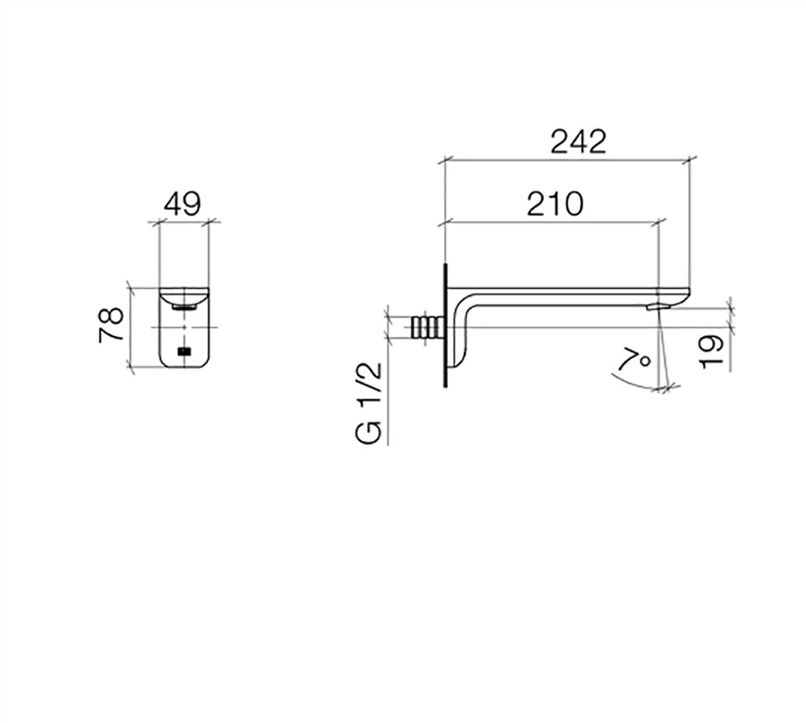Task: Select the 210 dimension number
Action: point(555,204)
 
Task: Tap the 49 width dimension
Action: point(182,205)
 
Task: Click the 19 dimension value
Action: point(712,351)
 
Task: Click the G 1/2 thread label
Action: point(369,403)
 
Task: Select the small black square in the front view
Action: point(184,351)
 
